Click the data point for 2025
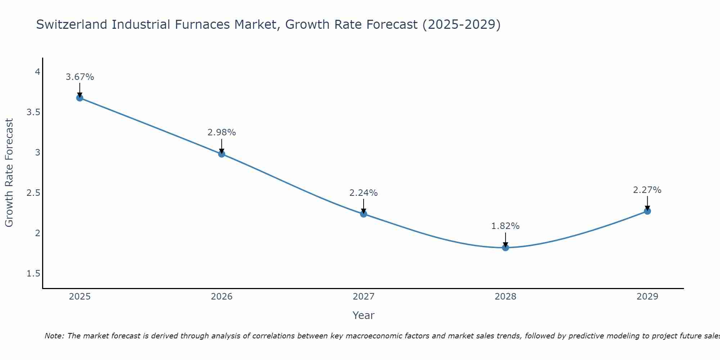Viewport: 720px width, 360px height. [x=80, y=98]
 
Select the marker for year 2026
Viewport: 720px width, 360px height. [x=222, y=154]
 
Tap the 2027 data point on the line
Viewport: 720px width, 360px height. [x=364, y=214]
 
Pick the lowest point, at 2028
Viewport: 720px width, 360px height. [x=505, y=248]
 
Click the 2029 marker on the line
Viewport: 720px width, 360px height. [x=647, y=211]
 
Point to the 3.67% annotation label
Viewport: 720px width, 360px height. [x=80, y=77]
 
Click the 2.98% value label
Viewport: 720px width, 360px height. [x=222, y=132]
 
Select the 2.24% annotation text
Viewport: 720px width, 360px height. [x=364, y=193]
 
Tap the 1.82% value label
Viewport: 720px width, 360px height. [x=505, y=226]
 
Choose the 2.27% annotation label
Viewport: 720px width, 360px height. [x=647, y=190]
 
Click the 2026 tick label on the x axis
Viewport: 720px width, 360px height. [x=222, y=297]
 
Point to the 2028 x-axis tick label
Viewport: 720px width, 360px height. [x=505, y=297]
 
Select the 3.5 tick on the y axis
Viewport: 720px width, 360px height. [x=33, y=112]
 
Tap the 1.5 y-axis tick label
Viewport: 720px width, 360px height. [x=33, y=274]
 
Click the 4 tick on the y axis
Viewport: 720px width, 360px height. [x=37, y=72]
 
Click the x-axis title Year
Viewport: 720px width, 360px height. [x=364, y=315]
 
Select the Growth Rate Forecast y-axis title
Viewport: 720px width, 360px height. [x=9, y=173]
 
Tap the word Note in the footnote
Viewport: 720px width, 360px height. [x=54, y=336]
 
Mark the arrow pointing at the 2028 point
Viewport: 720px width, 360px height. [x=505, y=240]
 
